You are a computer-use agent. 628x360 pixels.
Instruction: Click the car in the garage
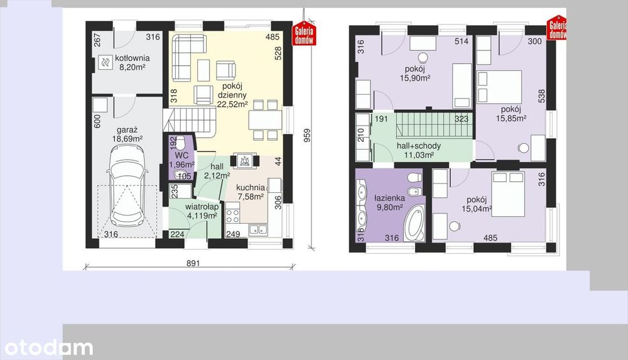click(127, 185)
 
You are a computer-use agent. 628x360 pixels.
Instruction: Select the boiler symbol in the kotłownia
click(106, 62)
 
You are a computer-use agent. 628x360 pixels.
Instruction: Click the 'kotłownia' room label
click(132, 58)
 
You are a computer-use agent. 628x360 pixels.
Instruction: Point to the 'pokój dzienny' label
click(232, 90)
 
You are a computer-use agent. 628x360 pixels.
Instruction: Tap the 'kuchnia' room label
click(251, 187)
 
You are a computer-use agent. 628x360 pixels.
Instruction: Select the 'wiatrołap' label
click(202, 207)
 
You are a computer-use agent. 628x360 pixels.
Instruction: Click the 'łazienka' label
click(389, 198)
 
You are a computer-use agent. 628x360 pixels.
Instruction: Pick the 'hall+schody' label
click(418, 146)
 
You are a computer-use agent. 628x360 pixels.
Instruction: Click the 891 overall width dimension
click(193, 263)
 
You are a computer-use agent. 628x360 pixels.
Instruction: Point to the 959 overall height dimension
click(307, 136)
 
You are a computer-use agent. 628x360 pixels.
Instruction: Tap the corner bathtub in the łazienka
click(414, 224)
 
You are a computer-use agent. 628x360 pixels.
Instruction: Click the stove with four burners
click(233, 215)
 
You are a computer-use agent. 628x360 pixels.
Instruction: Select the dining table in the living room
click(265, 120)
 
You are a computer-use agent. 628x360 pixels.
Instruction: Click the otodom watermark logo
click(48, 347)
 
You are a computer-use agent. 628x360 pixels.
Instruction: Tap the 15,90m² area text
click(415, 78)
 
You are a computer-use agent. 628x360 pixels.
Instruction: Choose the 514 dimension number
click(462, 41)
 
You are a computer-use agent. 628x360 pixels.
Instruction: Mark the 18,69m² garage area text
click(127, 139)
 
